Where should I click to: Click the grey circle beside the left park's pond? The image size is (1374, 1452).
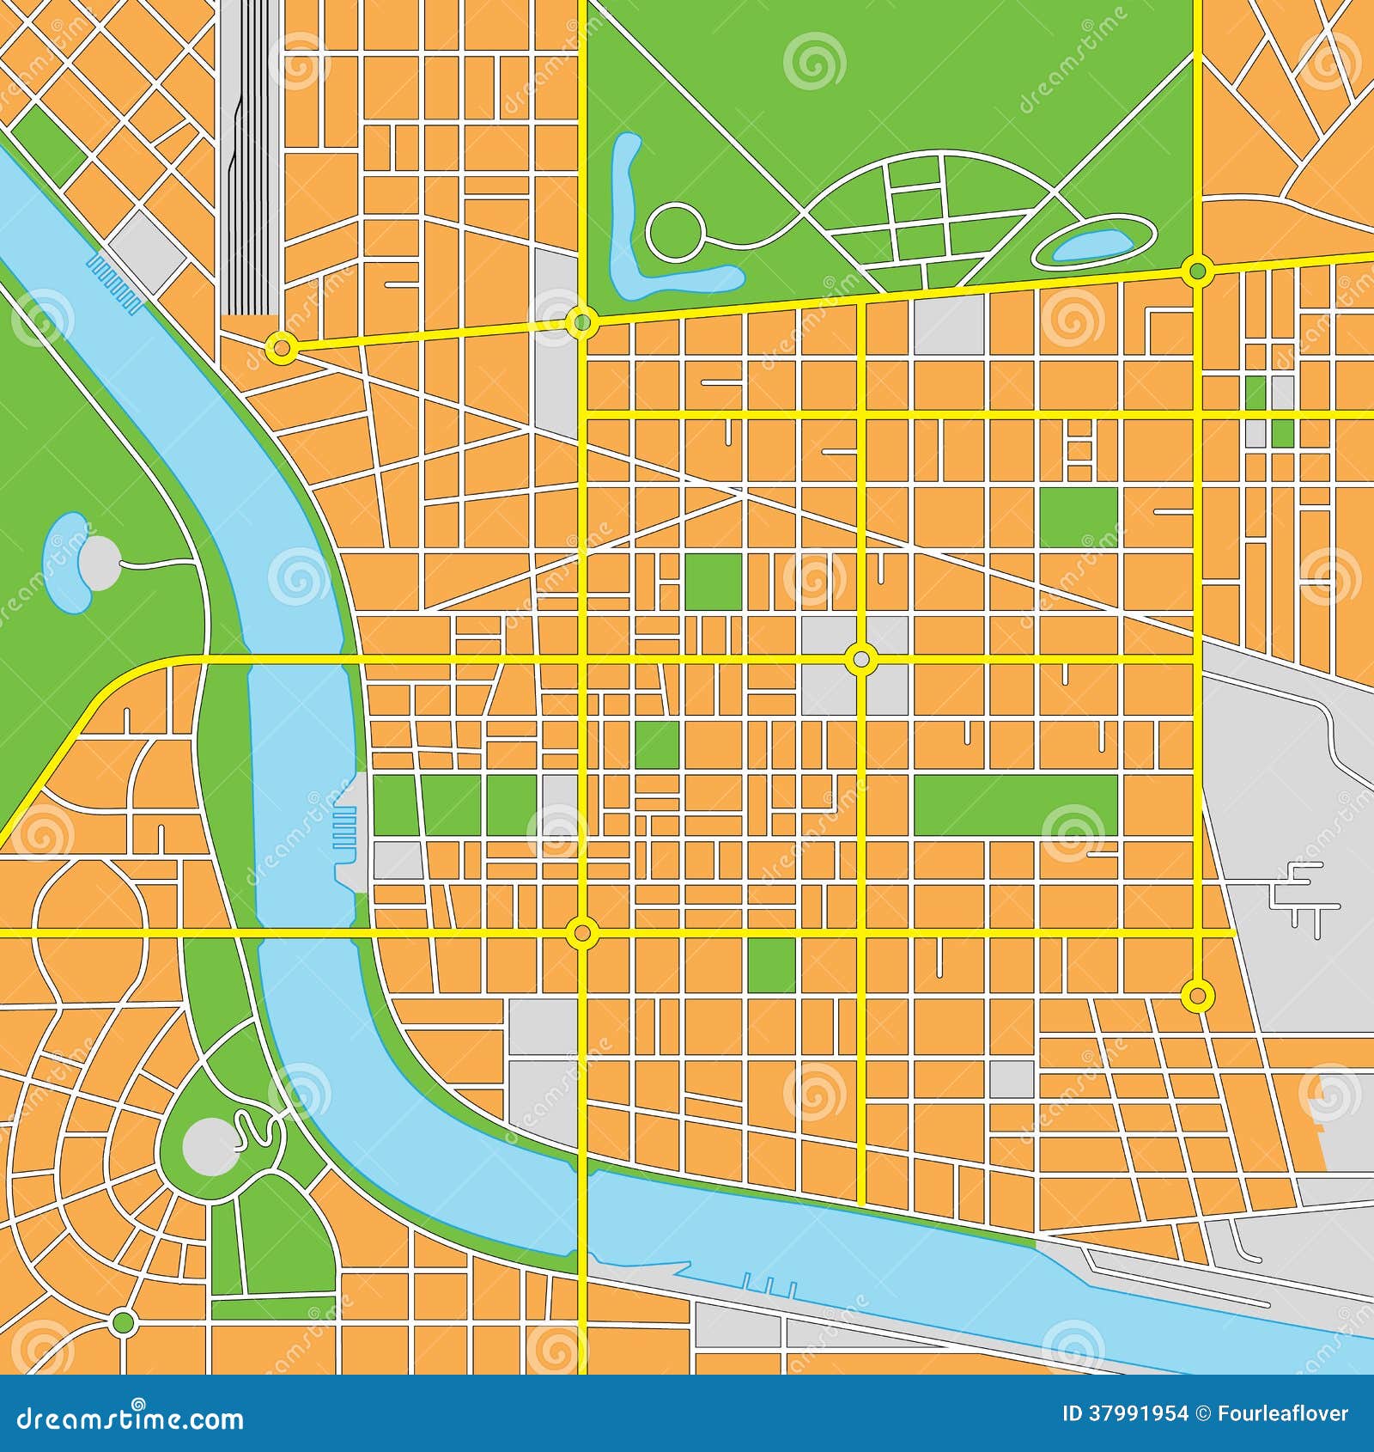(x=101, y=559)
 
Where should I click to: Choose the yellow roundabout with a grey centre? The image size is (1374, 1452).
(x=861, y=660)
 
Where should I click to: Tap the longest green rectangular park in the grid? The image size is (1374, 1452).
(x=1015, y=804)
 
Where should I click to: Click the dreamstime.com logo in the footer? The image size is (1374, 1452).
(x=129, y=1418)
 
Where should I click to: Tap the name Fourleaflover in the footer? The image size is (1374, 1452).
(x=1285, y=1413)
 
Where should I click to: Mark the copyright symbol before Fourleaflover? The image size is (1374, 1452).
(x=1203, y=1413)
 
